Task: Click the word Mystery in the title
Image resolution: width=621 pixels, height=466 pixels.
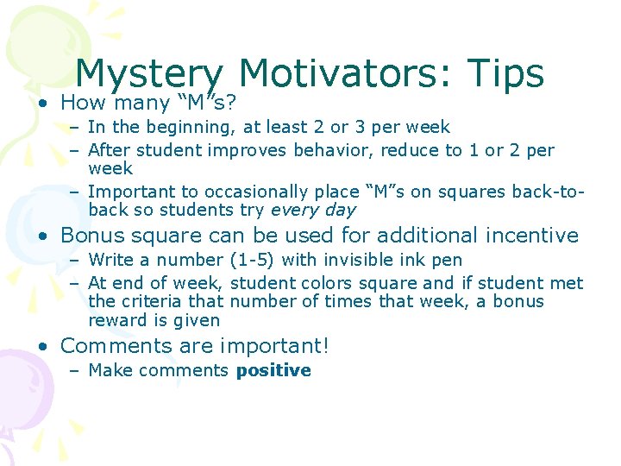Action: [149, 75]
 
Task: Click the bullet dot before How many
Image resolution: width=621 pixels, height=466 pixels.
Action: [41, 104]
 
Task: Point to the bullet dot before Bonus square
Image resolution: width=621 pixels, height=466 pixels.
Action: [41, 236]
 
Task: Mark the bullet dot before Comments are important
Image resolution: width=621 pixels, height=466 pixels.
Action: [41, 347]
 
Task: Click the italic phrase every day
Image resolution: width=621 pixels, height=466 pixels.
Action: [313, 211]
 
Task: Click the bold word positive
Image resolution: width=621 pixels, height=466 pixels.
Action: [273, 371]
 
